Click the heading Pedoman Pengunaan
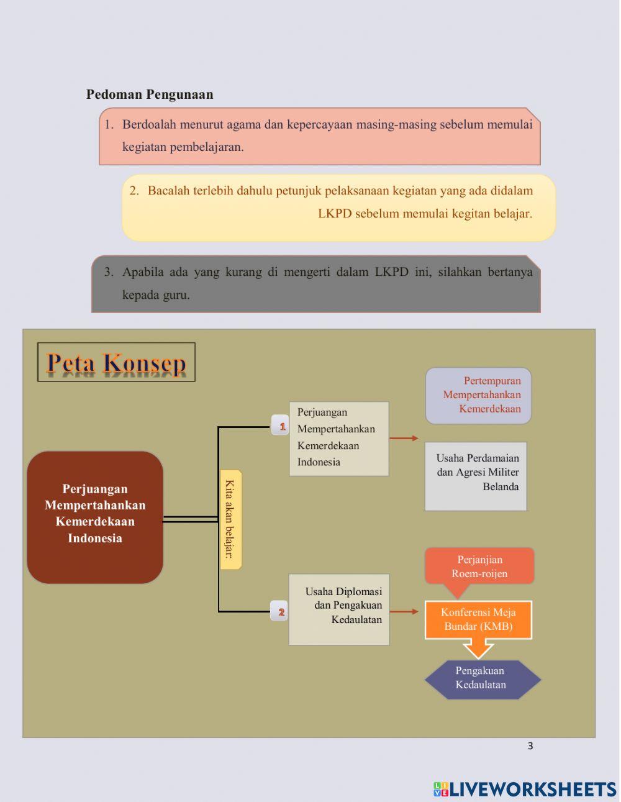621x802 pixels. [150, 94]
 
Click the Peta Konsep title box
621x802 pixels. [116, 362]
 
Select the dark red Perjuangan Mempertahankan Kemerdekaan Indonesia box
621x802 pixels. [95, 517]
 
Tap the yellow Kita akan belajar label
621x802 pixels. [230, 519]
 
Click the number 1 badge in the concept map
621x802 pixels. [281, 426]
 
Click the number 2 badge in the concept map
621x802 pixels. [280, 612]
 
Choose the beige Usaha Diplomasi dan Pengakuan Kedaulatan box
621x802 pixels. [339, 609]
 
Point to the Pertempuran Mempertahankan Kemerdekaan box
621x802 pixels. [478, 395]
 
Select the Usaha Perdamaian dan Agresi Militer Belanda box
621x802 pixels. [476, 476]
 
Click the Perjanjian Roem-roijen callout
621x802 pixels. [479, 566]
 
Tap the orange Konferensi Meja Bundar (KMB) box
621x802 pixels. [478, 619]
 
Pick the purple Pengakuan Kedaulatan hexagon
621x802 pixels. [482, 678]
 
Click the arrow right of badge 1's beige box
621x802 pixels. [404, 438]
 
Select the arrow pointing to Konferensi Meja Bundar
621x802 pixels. [404, 612]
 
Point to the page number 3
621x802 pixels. [530, 746]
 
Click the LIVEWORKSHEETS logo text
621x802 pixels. [533, 789]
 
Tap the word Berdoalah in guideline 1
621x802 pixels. [149, 124]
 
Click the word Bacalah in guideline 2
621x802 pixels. [168, 191]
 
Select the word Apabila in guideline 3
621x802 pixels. [143, 272]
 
